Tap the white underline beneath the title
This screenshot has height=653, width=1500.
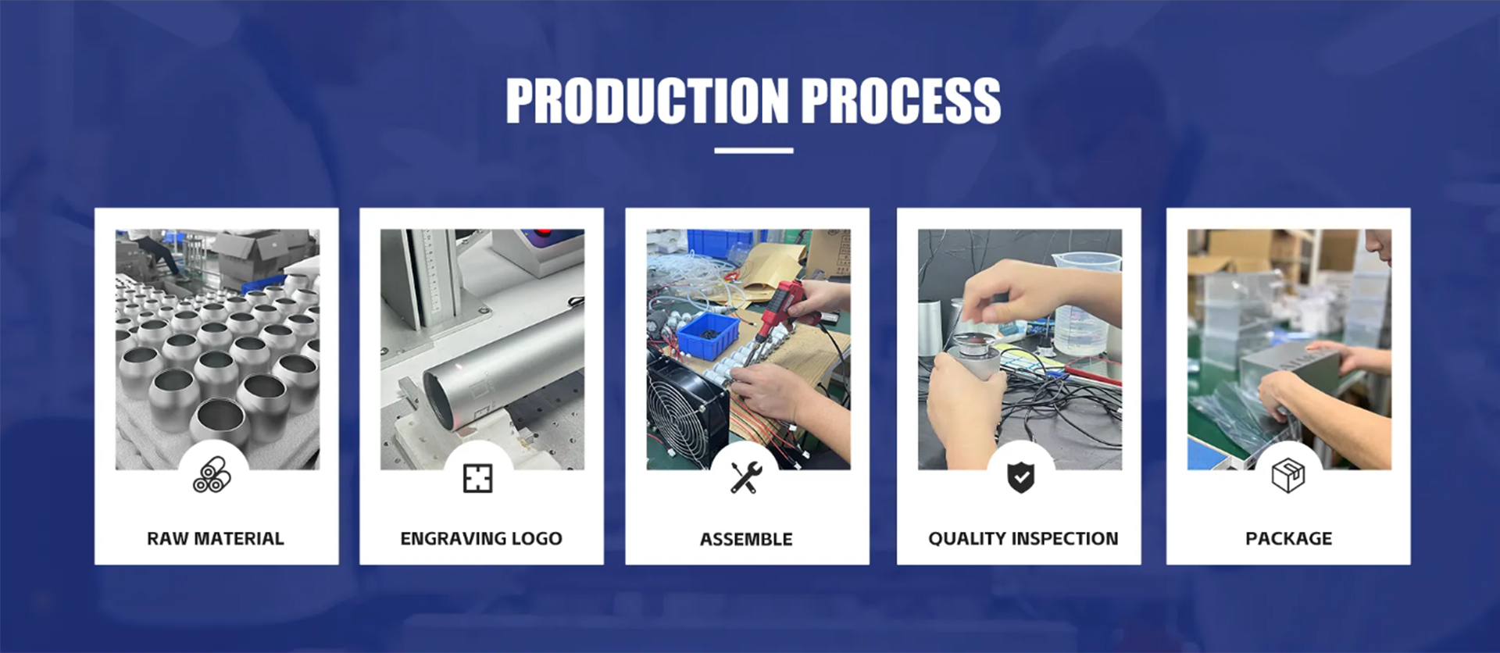[x=753, y=151]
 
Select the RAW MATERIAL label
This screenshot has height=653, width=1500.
[x=216, y=538]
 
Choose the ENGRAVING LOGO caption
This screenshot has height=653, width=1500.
[x=481, y=538]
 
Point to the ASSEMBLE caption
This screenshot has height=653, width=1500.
[x=746, y=539]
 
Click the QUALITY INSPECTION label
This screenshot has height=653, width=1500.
[x=1023, y=538]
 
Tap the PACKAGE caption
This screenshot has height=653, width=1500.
[x=1289, y=538]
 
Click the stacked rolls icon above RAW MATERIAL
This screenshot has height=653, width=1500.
[x=212, y=475]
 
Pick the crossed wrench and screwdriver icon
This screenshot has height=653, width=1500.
[x=746, y=477]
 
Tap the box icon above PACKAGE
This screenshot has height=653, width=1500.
[x=1288, y=476]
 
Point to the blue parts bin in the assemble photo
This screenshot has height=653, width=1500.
[x=707, y=334]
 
